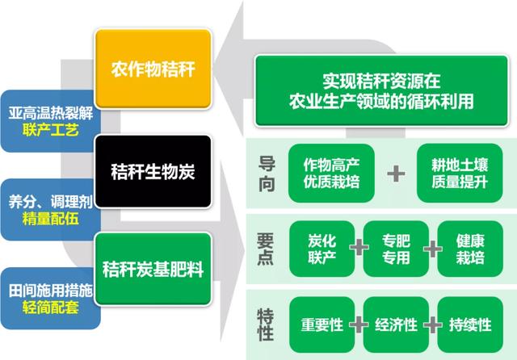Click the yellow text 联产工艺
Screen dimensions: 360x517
(x=51, y=130)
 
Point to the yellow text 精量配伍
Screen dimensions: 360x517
(x=51, y=218)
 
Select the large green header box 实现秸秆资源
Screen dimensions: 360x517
(x=381, y=91)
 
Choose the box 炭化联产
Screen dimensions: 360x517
(x=311, y=249)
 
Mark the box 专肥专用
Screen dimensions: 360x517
(x=390, y=249)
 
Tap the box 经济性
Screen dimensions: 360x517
(x=396, y=324)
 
